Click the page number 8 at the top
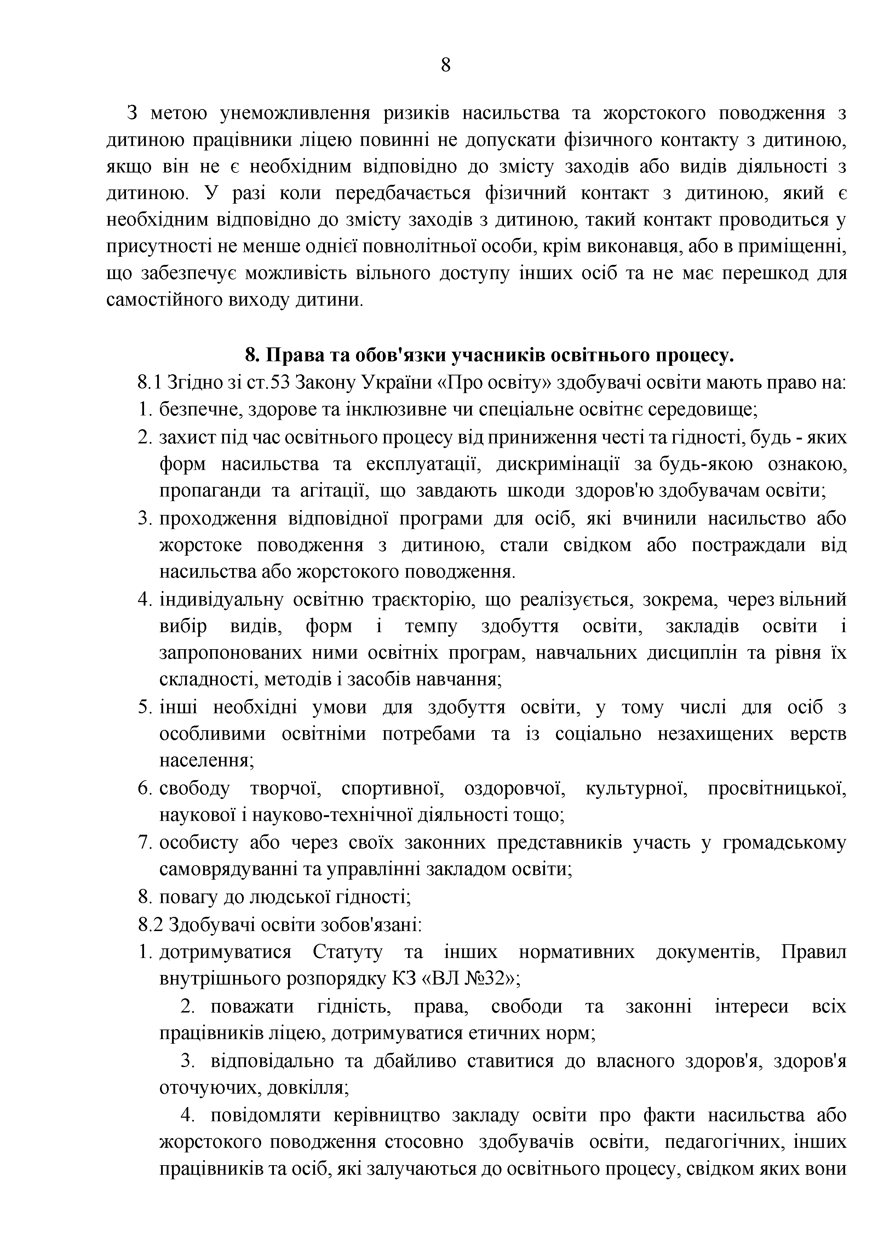click(446, 66)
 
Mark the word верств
click(819, 734)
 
